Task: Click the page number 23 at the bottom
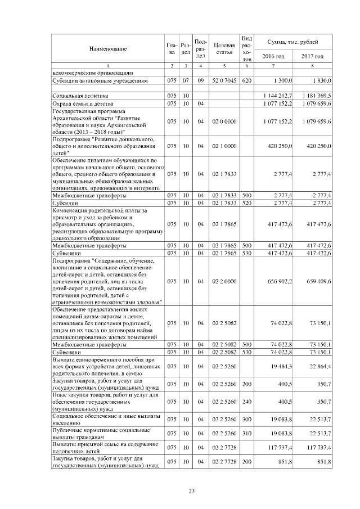click(191, 492)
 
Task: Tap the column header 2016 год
click(274, 56)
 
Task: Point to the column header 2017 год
click(312, 56)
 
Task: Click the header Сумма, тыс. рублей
click(293, 42)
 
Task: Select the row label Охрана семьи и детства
click(81, 103)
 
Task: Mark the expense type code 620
click(246, 81)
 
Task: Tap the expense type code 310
click(246, 433)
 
